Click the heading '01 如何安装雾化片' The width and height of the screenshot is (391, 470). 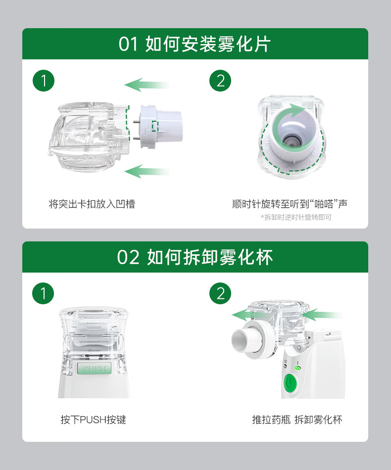click(195, 44)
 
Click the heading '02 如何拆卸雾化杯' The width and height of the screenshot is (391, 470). click(195, 257)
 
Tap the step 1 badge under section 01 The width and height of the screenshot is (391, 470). click(44, 80)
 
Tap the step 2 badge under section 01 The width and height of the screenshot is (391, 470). click(220, 80)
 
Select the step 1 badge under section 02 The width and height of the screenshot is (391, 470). click(44, 293)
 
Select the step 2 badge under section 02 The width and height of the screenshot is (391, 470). click(220, 293)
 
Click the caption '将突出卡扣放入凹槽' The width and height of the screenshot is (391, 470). click(92, 204)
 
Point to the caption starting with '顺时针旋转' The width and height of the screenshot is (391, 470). click(290, 204)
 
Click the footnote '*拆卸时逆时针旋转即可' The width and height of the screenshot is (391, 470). click(296, 217)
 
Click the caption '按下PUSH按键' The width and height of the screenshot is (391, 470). click(93, 420)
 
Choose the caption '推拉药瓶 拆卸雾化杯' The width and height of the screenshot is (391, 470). click(297, 420)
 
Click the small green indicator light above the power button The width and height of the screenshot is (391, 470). click(297, 368)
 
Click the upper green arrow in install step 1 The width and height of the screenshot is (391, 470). click(146, 85)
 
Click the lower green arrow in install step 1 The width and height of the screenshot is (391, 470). click(146, 172)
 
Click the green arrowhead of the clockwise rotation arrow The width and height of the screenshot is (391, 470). click(299, 110)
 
